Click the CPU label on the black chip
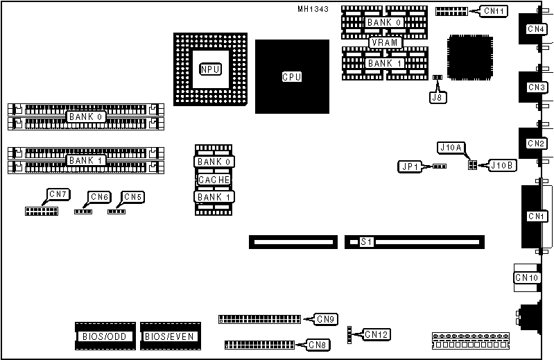291,77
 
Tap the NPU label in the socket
209,69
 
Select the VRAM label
384,42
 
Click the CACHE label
214,180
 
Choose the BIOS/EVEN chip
170,336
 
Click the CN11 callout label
495,11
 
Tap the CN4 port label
536,29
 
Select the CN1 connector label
536,216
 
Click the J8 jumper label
437,97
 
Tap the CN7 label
57,194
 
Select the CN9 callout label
326,319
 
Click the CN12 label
376,334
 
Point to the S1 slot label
366,242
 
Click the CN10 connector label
526,278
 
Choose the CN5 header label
132,197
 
